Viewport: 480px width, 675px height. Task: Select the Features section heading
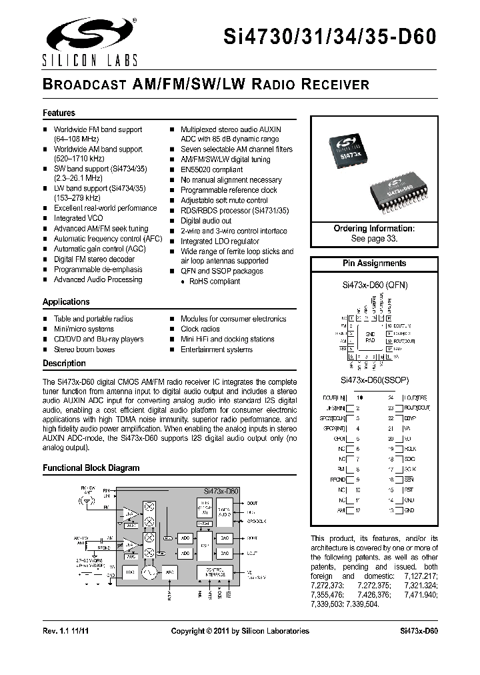[x=59, y=113]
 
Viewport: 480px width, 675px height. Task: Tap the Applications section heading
[x=66, y=302]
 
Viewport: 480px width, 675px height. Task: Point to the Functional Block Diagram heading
[x=91, y=468]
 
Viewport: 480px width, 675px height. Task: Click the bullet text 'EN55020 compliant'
[x=211, y=169]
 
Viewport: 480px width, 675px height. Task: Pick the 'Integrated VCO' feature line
[x=79, y=218]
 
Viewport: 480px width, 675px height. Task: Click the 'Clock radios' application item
[x=200, y=329]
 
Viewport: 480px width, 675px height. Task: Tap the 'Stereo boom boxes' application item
[x=84, y=349]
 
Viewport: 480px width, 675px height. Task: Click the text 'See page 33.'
[x=373, y=238]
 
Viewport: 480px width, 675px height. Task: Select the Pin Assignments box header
[x=374, y=263]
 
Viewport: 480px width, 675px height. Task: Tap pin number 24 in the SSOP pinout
[x=391, y=398]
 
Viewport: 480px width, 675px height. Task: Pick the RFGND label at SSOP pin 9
[x=337, y=478]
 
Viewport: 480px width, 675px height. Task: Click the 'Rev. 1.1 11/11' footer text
[x=68, y=631]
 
